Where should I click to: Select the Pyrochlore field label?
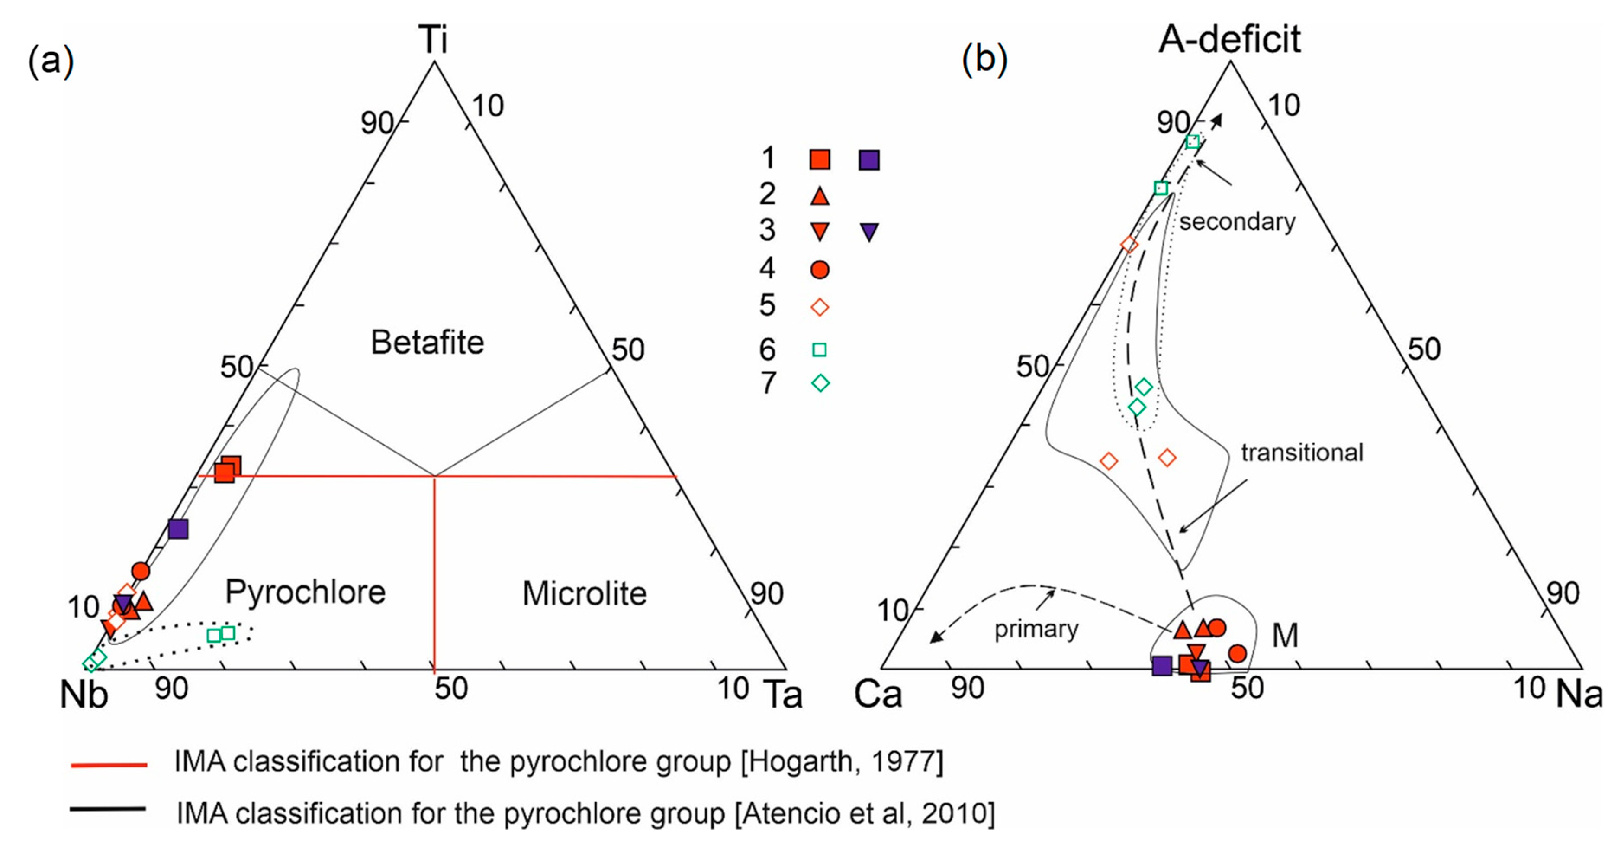[305, 592]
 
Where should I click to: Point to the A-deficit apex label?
[1229, 39]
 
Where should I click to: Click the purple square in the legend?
[869, 160]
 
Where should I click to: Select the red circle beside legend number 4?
[819, 270]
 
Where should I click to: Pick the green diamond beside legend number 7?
[820, 383]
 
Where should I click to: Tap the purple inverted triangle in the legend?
[869, 232]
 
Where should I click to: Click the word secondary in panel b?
[1237, 222]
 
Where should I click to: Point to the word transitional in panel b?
[1302, 453]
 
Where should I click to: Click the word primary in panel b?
[1036, 629]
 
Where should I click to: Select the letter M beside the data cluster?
[1285, 635]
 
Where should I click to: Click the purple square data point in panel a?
[178, 529]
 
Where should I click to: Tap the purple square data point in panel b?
[1161, 666]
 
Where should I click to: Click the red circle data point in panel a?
[141, 571]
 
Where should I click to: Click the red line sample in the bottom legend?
[109, 765]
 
